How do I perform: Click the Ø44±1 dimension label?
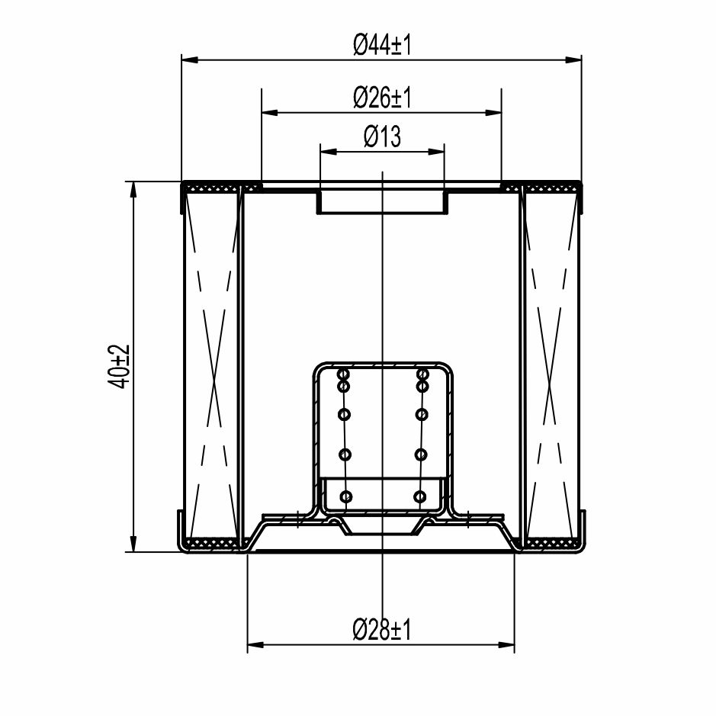coord(382,45)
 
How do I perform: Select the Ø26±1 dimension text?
coord(382,98)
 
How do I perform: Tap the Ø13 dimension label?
coord(382,136)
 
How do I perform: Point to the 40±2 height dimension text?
coord(119,367)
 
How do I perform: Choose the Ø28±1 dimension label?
coord(382,630)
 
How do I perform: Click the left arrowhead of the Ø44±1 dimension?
coord(190,59)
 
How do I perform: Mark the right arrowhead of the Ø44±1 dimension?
coord(573,59)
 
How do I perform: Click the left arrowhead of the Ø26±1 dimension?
coord(269,112)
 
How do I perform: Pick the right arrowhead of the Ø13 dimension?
coord(435,152)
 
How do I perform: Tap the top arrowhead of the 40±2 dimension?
coord(133,190)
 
